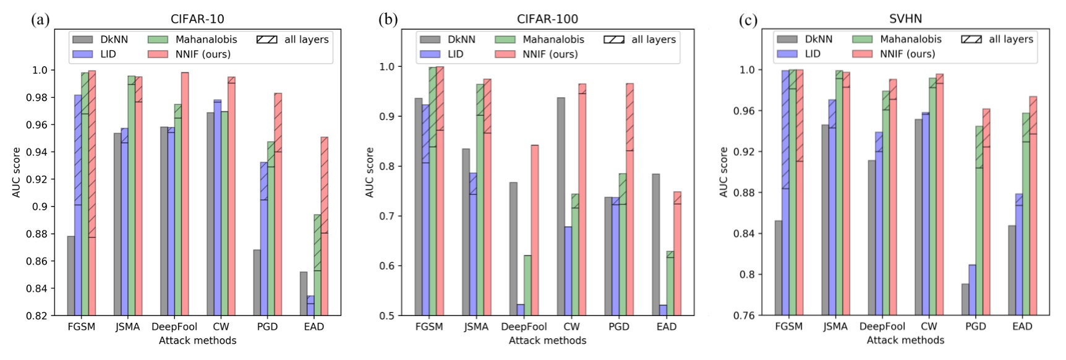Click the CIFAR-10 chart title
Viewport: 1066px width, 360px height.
click(197, 19)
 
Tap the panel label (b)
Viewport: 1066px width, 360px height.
click(388, 20)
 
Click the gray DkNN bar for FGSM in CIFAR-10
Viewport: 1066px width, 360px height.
click(71, 275)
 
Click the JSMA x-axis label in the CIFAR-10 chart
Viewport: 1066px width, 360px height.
click(127, 327)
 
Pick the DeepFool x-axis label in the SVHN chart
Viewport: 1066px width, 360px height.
click(882, 327)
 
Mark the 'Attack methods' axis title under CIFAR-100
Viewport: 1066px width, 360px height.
click(547, 340)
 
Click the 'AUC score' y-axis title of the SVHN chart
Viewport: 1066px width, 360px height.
click(723, 172)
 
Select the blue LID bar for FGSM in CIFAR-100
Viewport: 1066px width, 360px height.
click(426, 210)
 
